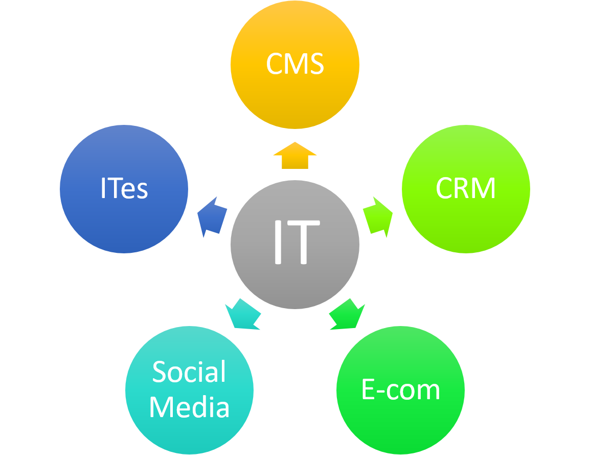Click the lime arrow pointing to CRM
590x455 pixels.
tap(378, 216)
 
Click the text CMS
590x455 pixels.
tap(295, 64)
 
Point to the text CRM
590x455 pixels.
tap(466, 188)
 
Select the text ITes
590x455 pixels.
tap(124, 188)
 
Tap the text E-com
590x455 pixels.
tap(400, 390)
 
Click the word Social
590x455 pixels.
tap(189, 372)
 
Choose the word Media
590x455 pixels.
tap(189, 408)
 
